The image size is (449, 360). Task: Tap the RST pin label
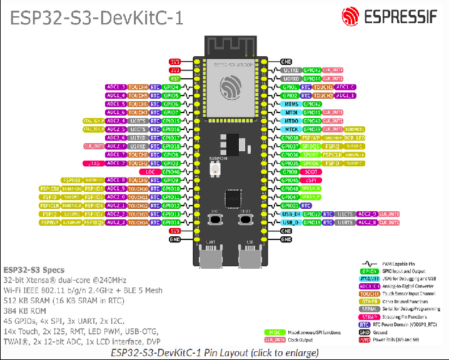click(176, 79)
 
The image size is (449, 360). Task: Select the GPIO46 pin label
click(171, 171)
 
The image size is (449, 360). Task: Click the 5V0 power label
click(176, 231)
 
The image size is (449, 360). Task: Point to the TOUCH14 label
click(139, 222)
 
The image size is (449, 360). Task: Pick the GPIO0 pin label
click(290, 171)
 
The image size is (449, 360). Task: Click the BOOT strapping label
click(312, 171)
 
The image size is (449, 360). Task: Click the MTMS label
click(290, 104)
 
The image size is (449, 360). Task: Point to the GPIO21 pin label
click(290, 205)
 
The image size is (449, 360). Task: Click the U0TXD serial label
click(291, 70)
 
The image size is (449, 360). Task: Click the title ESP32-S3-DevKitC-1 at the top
click(96, 17)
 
